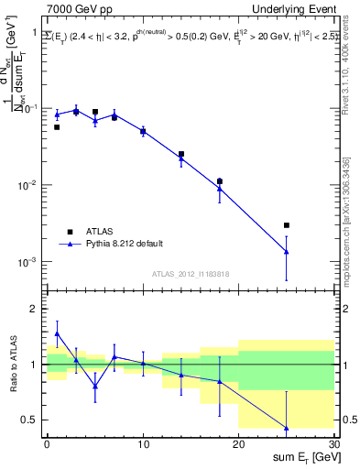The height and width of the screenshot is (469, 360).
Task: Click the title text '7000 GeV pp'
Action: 79,9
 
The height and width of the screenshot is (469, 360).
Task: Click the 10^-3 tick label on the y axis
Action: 29,262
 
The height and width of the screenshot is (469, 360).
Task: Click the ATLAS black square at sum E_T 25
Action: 286,225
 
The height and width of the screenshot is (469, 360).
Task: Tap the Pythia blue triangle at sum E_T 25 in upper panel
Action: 286,251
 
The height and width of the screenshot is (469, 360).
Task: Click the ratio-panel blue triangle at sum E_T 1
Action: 57,333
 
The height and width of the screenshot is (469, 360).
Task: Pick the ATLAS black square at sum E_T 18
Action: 219,181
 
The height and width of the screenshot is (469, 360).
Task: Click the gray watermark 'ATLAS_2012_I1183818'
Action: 190,274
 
